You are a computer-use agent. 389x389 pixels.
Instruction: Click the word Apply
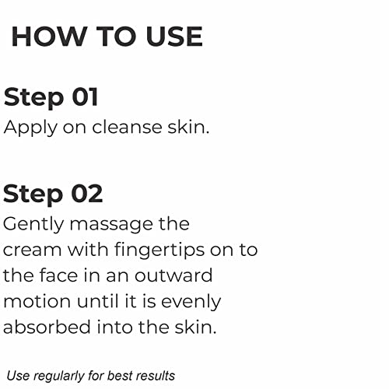pos(29,128)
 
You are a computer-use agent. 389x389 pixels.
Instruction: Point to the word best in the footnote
pos(124,376)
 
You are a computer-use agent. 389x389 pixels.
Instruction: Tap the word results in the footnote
pos(158,376)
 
